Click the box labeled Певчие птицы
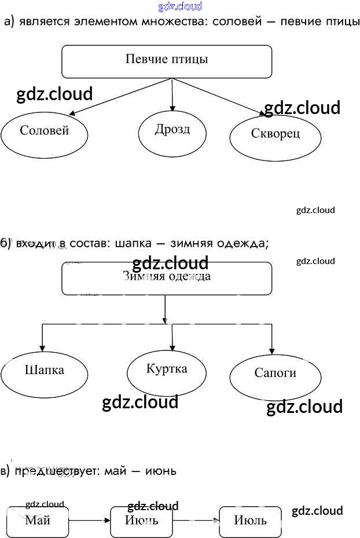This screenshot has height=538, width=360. pos(167,61)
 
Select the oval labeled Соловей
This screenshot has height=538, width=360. pos(44,132)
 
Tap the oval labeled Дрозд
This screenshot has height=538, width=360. pos(172,130)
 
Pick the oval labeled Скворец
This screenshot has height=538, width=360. pos(275,136)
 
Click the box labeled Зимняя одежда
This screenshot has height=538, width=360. pos(167,279)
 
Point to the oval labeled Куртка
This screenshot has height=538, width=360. pos(167,371)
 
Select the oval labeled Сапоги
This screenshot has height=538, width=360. pos(275,375)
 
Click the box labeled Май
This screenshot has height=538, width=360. pos(38,521)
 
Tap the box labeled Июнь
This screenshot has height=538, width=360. pos(142,521)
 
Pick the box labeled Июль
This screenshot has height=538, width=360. pos(250,521)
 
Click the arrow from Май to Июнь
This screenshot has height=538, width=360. pos(90,521)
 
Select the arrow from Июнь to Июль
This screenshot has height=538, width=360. pos(197,521)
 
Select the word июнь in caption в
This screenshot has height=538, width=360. pos(160,471)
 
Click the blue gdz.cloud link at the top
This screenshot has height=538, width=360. pos(180,6)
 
